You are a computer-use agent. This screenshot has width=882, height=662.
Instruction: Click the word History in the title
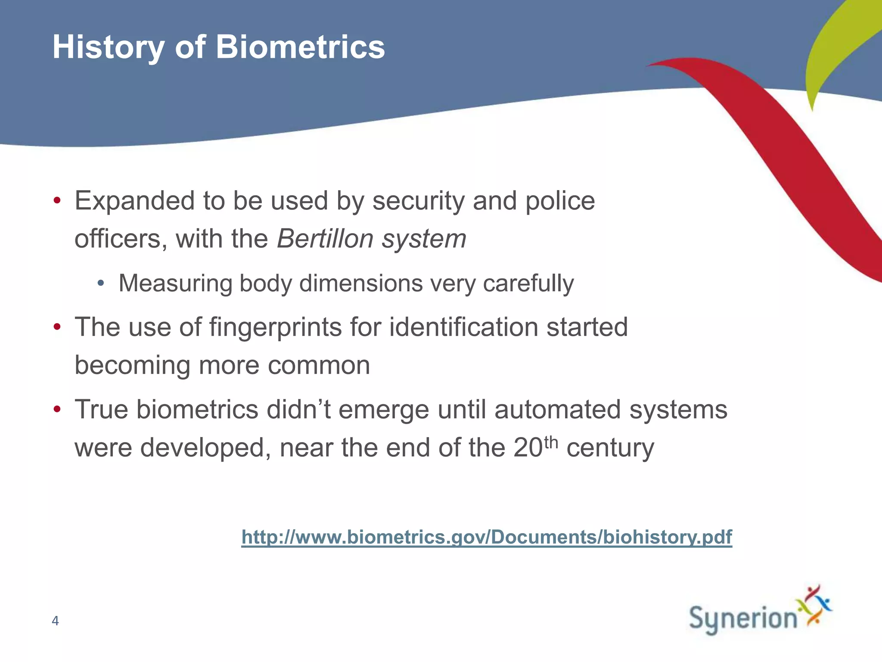point(108,47)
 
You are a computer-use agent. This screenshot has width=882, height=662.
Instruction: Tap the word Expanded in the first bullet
point(134,201)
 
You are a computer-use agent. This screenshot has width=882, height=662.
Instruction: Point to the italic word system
point(424,239)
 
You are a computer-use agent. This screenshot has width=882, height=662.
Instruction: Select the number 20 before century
point(528,447)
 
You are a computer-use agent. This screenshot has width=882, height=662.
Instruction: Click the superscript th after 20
point(551,442)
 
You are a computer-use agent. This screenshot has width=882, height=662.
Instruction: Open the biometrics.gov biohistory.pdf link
point(487,537)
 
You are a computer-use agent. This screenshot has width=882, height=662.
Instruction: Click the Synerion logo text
point(743,618)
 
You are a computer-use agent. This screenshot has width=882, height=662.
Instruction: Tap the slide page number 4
point(55,621)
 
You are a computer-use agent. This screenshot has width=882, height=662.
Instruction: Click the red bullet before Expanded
point(57,201)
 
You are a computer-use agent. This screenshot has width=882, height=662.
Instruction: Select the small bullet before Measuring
point(101,284)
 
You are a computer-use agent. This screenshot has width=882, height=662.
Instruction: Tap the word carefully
point(528,284)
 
